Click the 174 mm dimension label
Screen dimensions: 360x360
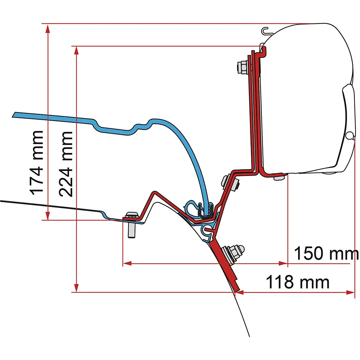coord(37,163)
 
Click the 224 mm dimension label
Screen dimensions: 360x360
coord(66,164)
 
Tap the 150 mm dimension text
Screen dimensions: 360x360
coord(326,253)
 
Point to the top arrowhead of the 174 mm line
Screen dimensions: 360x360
coord(47,29)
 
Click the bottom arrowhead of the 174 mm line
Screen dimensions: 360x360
coord(47,216)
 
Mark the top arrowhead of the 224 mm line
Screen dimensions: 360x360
coord(76,51)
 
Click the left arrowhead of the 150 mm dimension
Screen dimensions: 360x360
coord(128,263)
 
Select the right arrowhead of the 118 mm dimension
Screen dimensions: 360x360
coord(351,292)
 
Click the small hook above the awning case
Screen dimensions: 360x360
coord(266,31)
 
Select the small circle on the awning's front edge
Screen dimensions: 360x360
coord(349,135)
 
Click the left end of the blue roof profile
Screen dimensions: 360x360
coord(14,115)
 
